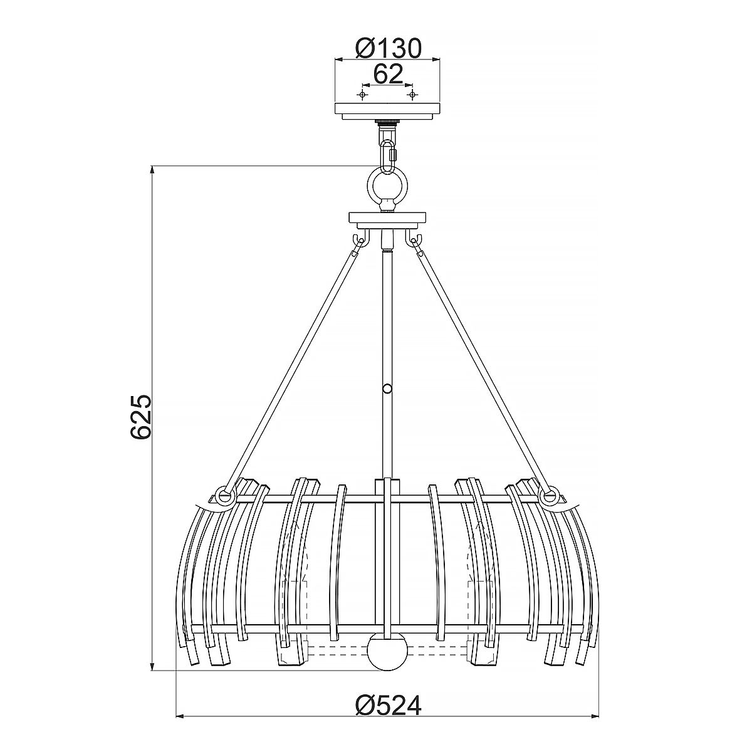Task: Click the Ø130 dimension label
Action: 387,48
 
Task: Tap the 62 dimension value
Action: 387,75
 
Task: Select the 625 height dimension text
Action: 140,417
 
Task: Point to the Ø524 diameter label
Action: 388,706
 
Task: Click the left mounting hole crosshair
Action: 362,94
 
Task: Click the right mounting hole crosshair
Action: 412,94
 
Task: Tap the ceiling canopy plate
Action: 387,110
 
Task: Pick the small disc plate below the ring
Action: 387,221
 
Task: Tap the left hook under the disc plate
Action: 358,240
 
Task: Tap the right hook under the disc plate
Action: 415,240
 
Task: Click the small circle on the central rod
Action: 387,389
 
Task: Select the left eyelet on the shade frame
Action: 222,496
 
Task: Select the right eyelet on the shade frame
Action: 551,496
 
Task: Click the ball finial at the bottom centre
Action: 387,652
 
